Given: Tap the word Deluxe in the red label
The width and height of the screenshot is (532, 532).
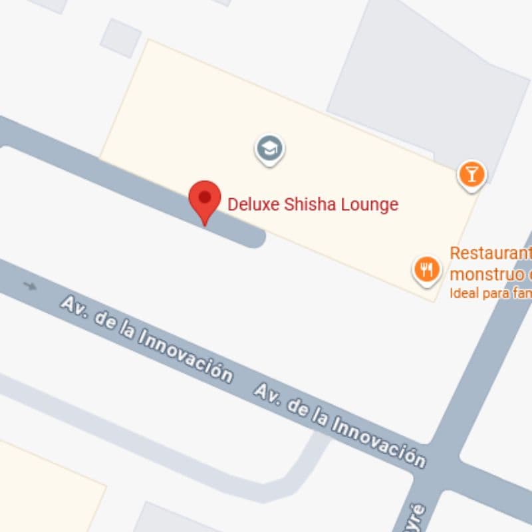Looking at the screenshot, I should pyautogui.click(x=253, y=204).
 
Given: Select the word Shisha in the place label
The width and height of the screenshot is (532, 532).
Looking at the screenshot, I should pyautogui.click(x=307, y=204).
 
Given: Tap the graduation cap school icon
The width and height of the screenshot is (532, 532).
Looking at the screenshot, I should pyautogui.click(x=269, y=149).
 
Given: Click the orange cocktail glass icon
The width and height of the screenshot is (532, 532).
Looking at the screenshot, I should pyautogui.click(x=471, y=175).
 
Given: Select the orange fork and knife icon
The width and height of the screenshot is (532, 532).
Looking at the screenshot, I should pyautogui.click(x=426, y=269).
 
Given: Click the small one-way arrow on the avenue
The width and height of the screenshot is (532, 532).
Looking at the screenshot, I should pyautogui.click(x=30, y=286).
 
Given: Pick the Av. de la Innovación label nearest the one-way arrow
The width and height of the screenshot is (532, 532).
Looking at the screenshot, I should pyautogui.click(x=146, y=340).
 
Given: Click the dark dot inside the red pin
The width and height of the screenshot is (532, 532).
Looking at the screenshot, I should pyautogui.click(x=205, y=197).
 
